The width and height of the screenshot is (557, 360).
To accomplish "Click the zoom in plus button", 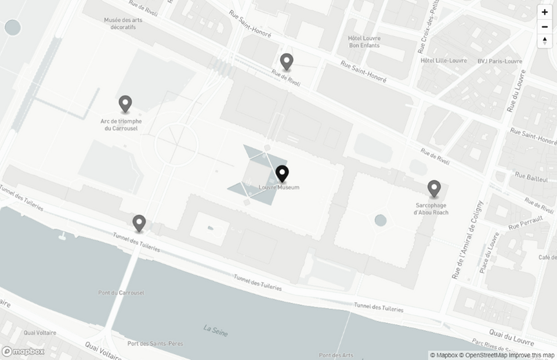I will coord(544,12).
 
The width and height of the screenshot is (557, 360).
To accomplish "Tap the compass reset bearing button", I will coord(544,41).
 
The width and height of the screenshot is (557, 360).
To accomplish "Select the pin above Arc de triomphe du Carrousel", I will coord(125,104).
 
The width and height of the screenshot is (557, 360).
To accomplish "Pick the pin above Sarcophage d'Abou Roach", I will coord(434,189).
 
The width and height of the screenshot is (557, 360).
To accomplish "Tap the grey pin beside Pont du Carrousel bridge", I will coord(139,223).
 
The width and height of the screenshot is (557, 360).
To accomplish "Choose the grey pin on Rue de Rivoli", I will coord(287,62).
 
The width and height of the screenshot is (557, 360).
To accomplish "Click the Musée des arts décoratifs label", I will coord(123,23).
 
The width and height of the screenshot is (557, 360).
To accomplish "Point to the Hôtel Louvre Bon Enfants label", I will coord(364,42).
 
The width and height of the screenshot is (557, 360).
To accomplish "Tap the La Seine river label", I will coord(216,331).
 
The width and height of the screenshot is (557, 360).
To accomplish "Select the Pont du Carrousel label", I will coord(121,293).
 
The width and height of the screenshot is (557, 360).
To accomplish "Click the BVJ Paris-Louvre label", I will coord(500,61).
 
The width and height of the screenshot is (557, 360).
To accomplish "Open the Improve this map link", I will coord(530,355).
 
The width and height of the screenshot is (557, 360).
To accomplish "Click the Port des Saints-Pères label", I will coord(155,343).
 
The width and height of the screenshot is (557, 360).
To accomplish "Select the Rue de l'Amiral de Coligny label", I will coord(466,239).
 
